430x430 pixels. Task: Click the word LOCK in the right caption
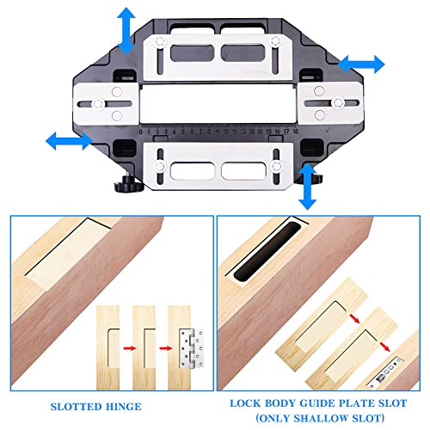coord(245,400)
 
